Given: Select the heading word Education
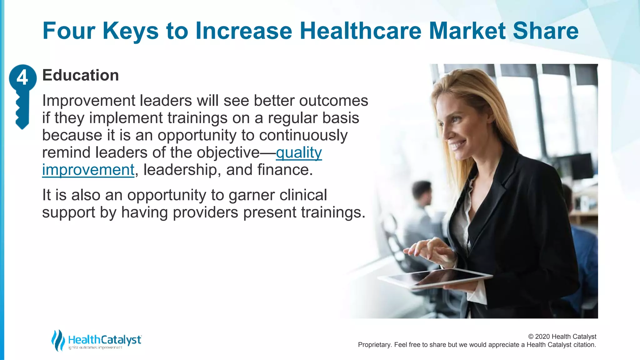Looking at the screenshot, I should point(80,75).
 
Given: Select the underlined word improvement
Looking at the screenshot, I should point(88,170).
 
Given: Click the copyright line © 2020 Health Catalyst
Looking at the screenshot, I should point(562,337).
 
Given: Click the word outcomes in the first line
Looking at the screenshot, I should point(333,101).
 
